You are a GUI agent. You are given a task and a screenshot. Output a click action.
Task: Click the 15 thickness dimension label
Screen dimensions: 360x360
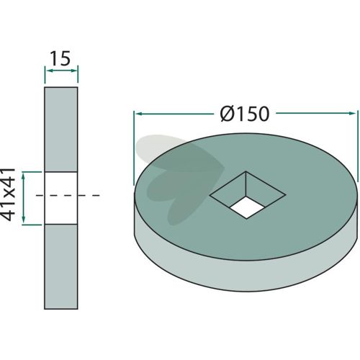[60, 58]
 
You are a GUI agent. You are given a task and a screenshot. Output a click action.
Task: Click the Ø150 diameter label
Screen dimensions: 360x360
[245, 114]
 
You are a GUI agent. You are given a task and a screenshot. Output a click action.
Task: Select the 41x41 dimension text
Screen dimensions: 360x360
[8, 194]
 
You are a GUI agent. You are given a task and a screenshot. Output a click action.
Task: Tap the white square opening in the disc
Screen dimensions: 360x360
[246, 207]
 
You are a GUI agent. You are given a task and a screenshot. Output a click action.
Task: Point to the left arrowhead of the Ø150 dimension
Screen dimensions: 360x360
[138, 113]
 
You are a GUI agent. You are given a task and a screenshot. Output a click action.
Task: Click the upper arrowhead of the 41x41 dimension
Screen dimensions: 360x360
[23, 176]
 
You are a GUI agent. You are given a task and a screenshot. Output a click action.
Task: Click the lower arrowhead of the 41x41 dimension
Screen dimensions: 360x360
[23, 219]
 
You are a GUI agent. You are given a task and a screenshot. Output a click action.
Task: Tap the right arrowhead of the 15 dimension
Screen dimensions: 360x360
[73, 71]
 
